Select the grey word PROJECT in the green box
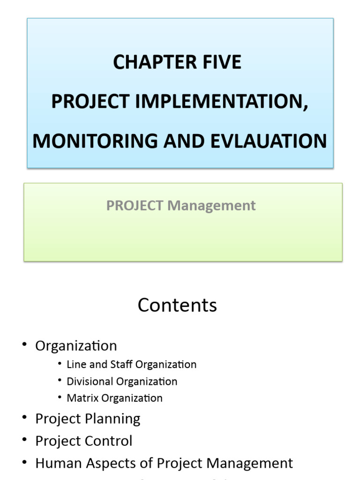click(135, 205)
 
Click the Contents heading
click(177, 305)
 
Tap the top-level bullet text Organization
click(76, 346)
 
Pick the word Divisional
click(90, 382)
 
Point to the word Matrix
click(81, 398)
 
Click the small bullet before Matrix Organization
click(60, 398)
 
